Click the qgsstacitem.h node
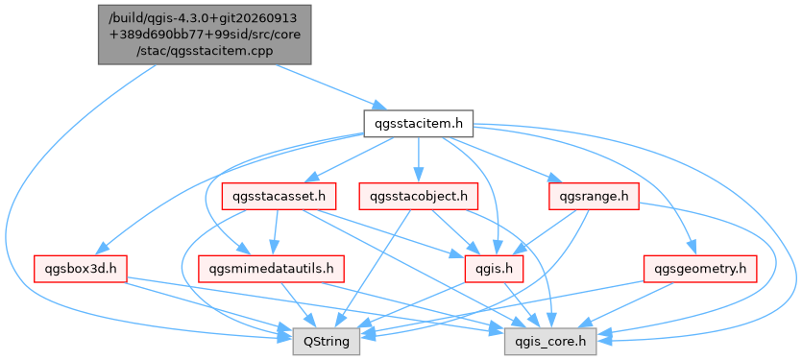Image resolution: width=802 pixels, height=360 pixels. (x=418, y=123)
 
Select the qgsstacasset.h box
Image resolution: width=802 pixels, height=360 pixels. (x=279, y=197)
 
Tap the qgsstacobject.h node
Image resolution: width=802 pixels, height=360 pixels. (x=419, y=197)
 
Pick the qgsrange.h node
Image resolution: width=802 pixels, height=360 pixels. (x=594, y=197)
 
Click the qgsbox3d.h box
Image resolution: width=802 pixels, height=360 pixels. (x=80, y=269)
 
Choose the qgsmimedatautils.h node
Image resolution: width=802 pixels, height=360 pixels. (x=271, y=269)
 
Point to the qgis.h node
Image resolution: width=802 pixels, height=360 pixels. (x=494, y=269)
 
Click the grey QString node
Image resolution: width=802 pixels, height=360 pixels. (x=327, y=342)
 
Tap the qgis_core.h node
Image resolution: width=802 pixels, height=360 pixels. (x=550, y=342)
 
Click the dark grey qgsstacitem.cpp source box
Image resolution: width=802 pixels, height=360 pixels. (x=205, y=35)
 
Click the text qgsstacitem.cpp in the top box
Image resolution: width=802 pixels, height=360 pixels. (x=204, y=51)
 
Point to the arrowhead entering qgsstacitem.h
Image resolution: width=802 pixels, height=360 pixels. (x=379, y=107)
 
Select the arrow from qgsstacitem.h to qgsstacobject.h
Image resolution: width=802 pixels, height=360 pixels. (x=419, y=159)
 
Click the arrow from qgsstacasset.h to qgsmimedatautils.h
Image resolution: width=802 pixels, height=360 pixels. (x=275, y=232)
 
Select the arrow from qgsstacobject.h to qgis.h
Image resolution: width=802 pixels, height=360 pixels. (x=456, y=232)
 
